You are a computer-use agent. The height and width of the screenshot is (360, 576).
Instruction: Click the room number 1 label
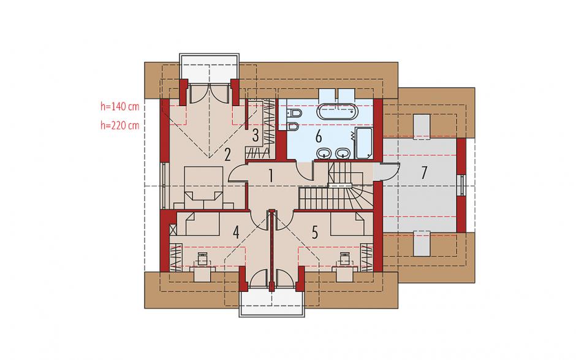pyautogui.click(x=271, y=176)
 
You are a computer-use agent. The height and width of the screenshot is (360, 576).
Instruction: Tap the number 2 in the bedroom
pyautogui.click(x=227, y=155)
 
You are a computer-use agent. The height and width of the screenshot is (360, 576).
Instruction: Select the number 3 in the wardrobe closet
pyautogui.click(x=256, y=136)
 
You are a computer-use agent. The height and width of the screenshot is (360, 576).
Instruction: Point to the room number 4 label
pyautogui.click(x=236, y=232)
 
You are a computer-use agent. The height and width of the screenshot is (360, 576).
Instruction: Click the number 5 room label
pyautogui.click(x=315, y=232)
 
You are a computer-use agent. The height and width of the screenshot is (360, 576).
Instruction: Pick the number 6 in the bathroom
pyautogui.click(x=319, y=136)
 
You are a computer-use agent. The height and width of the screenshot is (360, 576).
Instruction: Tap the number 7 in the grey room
pyautogui.click(x=424, y=172)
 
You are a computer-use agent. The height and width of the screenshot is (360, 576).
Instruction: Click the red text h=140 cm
pyautogui.click(x=120, y=107)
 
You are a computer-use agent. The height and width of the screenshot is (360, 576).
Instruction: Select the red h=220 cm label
pyautogui.click(x=120, y=125)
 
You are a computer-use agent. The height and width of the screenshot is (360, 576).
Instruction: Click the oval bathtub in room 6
pyautogui.click(x=337, y=112)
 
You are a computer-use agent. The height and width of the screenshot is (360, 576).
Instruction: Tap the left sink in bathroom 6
pyautogui.click(x=324, y=153)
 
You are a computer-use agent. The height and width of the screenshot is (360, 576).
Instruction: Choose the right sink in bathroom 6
pyautogui.click(x=343, y=153)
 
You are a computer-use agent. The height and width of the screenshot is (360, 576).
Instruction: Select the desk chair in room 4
pyautogui.click(x=202, y=259)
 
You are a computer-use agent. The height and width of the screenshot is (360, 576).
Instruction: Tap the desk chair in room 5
pyautogui.click(x=344, y=259)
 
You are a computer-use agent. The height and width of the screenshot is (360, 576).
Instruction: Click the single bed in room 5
pyautogui.click(x=347, y=225)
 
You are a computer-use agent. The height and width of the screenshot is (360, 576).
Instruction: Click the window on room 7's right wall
pyautogui.click(x=462, y=185)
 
